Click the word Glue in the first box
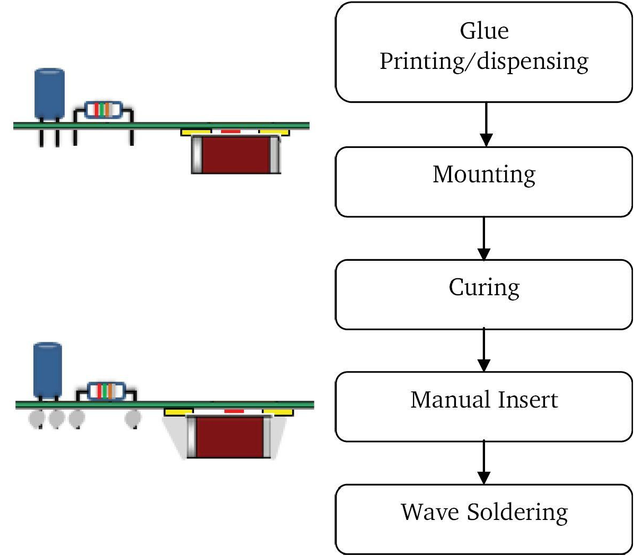(484, 31)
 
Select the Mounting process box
(484, 181)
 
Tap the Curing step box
(484, 294)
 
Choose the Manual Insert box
(484, 407)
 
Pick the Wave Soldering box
(484, 519)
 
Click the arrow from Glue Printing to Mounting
(486, 125)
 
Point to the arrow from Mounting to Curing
(484, 238)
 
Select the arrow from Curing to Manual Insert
(484, 350)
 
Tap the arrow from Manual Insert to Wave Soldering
(484, 463)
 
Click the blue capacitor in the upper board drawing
(49, 94)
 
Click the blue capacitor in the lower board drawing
(48, 370)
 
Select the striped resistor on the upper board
(103, 110)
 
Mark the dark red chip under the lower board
(230, 437)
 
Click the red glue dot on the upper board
(230, 131)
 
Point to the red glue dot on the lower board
(234, 411)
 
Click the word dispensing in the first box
(532, 62)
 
